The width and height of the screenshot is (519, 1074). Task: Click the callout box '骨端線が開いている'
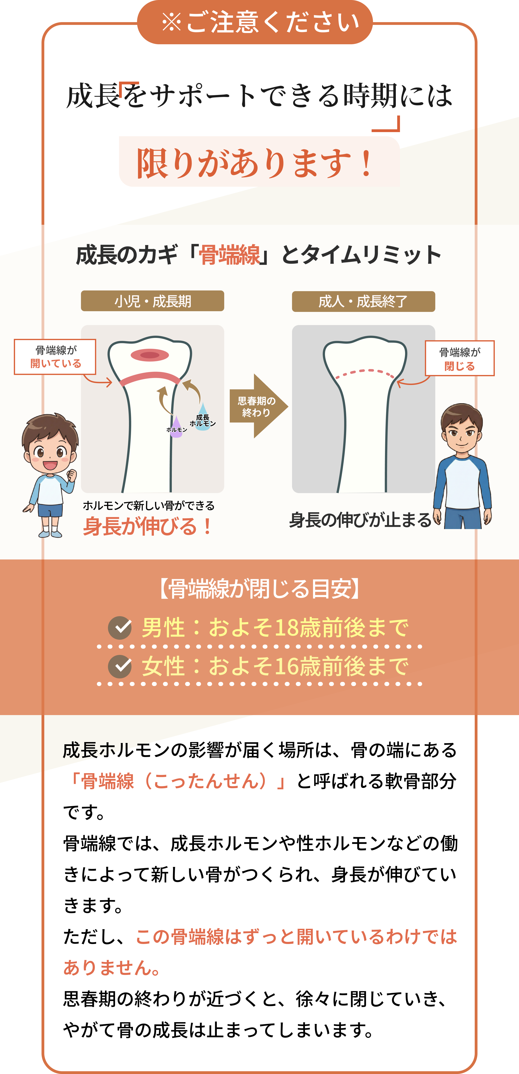click(55, 357)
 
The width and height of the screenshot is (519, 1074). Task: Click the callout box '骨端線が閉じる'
click(460, 358)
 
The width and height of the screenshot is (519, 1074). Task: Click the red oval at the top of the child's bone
click(150, 355)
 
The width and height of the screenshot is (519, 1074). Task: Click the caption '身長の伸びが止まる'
click(361, 520)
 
